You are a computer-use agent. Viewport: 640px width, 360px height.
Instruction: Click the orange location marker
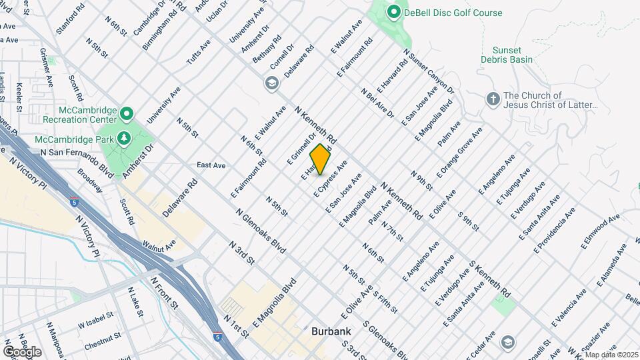click(320, 160)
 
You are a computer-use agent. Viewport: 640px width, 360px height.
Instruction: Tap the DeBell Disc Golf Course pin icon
click(393, 12)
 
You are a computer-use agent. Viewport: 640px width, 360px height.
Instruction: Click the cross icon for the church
click(493, 99)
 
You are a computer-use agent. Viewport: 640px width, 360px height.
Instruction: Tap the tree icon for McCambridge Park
click(123, 138)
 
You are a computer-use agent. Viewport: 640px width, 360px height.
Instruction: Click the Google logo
click(22, 352)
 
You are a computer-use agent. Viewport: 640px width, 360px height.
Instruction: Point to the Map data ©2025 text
click(611, 355)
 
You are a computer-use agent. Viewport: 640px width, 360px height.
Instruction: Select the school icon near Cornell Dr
click(271, 83)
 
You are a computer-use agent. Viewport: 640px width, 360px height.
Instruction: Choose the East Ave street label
click(211, 165)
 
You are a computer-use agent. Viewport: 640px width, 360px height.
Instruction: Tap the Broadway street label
click(89, 179)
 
